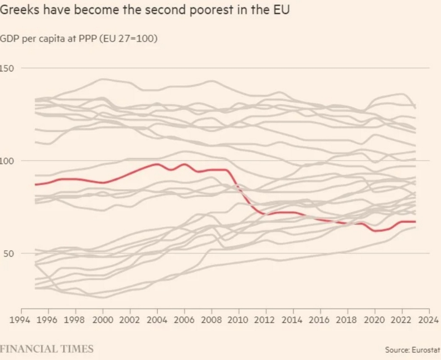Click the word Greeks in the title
18,10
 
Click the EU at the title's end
281,10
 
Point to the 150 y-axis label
7,68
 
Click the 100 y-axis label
7,161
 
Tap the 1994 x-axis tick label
21,320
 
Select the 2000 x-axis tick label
102,320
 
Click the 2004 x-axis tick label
157,320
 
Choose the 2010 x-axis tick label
239,320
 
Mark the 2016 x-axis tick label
320,320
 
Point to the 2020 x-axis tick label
374,320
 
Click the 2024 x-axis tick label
429,320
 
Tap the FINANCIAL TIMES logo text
47,348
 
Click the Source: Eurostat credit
413,349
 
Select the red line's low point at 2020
376,231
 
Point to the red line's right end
415,221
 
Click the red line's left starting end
36,184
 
